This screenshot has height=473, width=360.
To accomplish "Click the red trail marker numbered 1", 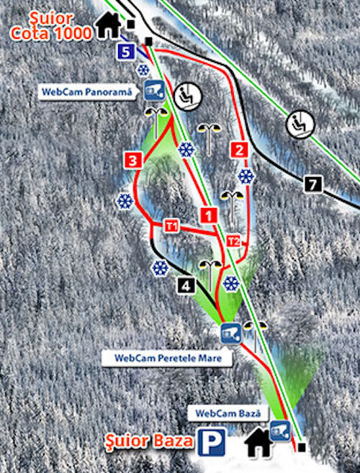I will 208,215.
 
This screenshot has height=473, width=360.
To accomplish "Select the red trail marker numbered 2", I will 240,150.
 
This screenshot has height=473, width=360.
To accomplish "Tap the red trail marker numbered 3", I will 132,159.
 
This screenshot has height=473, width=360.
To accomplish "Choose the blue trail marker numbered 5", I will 126,51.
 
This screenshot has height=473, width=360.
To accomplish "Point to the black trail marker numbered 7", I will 312,184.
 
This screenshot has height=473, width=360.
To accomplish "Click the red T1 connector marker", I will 171,226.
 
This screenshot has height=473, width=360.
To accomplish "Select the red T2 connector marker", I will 233,240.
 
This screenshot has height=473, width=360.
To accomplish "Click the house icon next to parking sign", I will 258,443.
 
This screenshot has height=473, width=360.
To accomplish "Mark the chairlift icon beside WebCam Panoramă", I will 189,94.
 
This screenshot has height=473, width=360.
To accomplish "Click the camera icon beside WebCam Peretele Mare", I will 230,333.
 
